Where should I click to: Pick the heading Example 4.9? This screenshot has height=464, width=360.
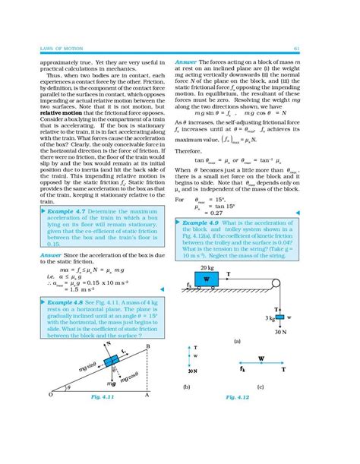click(x=206, y=223)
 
